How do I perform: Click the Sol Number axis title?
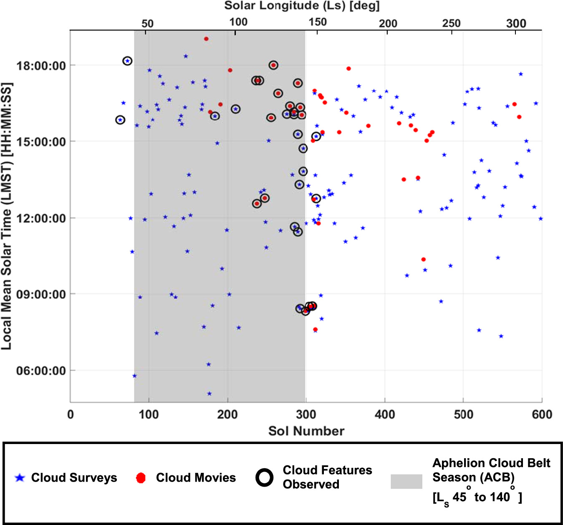click(306, 431)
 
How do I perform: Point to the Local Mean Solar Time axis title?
click(6, 216)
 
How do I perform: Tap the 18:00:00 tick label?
click(41, 66)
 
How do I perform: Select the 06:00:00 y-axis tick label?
click(41, 371)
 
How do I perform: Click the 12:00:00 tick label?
click(41, 218)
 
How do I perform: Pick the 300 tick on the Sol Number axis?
click(306, 414)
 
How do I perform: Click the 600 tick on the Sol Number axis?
click(541, 414)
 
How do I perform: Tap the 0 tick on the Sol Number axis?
click(71, 414)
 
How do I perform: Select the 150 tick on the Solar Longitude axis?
click(317, 23)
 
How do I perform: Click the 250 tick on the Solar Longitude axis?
click(451, 23)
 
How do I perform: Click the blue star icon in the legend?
click(20, 478)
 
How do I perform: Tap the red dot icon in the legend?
click(141, 478)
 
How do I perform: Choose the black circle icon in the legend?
click(265, 477)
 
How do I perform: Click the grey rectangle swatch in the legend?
click(406, 481)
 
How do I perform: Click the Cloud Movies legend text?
click(196, 478)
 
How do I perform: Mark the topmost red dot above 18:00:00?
click(206, 39)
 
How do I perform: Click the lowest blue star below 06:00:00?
click(210, 394)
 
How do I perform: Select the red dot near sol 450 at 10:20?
click(424, 260)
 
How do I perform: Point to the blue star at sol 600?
click(541, 219)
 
